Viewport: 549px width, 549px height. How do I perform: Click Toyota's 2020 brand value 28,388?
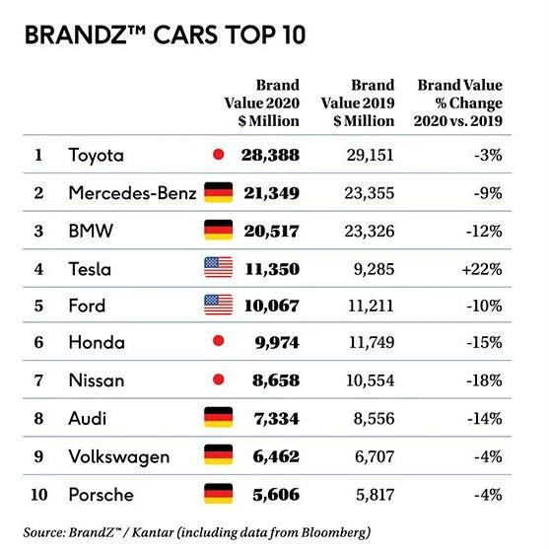pyautogui.click(x=270, y=155)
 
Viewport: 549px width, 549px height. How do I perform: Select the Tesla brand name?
pyautogui.click(x=90, y=269)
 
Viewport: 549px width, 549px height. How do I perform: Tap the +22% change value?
pyautogui.click(x=482, y=269)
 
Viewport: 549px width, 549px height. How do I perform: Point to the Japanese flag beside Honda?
pyautogui.click(x=219, y=341)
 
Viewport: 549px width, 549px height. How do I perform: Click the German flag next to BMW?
pyautogui.click(x=219, y=230)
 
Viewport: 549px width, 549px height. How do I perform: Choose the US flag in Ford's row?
pyautogui.click(x=219, y=305)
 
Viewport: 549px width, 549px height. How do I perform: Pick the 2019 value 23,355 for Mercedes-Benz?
pyautogui.click(x=370, y=193)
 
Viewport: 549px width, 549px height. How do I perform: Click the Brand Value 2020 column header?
pyautogui.click(x=262, y=103)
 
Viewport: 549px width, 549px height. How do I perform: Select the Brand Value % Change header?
pyautogui.click(x=458, y=103)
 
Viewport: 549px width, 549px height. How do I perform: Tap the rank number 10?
pyautogui.click(x=38, y=495)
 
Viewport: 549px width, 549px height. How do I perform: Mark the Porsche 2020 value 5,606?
pyautogui.click(x=276, y=495)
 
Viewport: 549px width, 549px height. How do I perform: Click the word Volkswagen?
pyautogui.click(x=119, y=457)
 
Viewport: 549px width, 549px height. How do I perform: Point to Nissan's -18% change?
pyautogui.click(x=484, y=380)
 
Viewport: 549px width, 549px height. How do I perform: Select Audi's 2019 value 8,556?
pyautogui.click(x=374, y=419)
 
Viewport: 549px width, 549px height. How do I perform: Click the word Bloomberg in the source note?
pyautogui.click(x=336, y=532)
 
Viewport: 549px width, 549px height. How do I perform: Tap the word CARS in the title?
pyautogui.click(x=185, y=35)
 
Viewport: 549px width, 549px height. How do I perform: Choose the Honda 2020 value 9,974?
pyautogui.click(x=277, y=342)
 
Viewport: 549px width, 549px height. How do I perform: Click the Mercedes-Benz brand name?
pyautogui.click(x=132, y=193)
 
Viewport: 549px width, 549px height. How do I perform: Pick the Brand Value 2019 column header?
pyautogui.click(x=358, y=103)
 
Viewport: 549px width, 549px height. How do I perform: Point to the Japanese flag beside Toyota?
pyautogui.click(x=219, y=154)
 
